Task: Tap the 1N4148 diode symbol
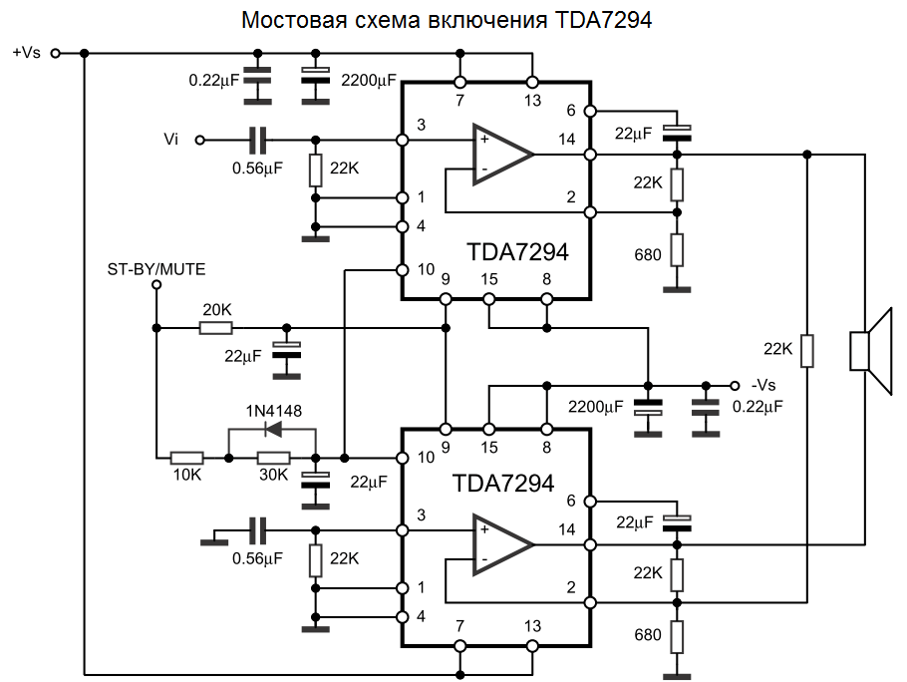(x=271, y=431)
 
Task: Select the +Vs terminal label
(x=27, y=53)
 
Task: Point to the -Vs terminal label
(x=765, y=385)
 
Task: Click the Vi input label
(x=171, y=140)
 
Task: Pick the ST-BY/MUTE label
(x=156, y=269)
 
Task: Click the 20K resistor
(x=215, y=327)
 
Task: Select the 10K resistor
(x=186, y=458)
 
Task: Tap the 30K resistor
(x=273, y=458)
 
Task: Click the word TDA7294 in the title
(x=598, y=20)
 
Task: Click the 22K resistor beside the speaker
(x=808, y=350)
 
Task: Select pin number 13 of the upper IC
(x=532, y=101)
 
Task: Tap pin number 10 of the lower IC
(x=426, y=458)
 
